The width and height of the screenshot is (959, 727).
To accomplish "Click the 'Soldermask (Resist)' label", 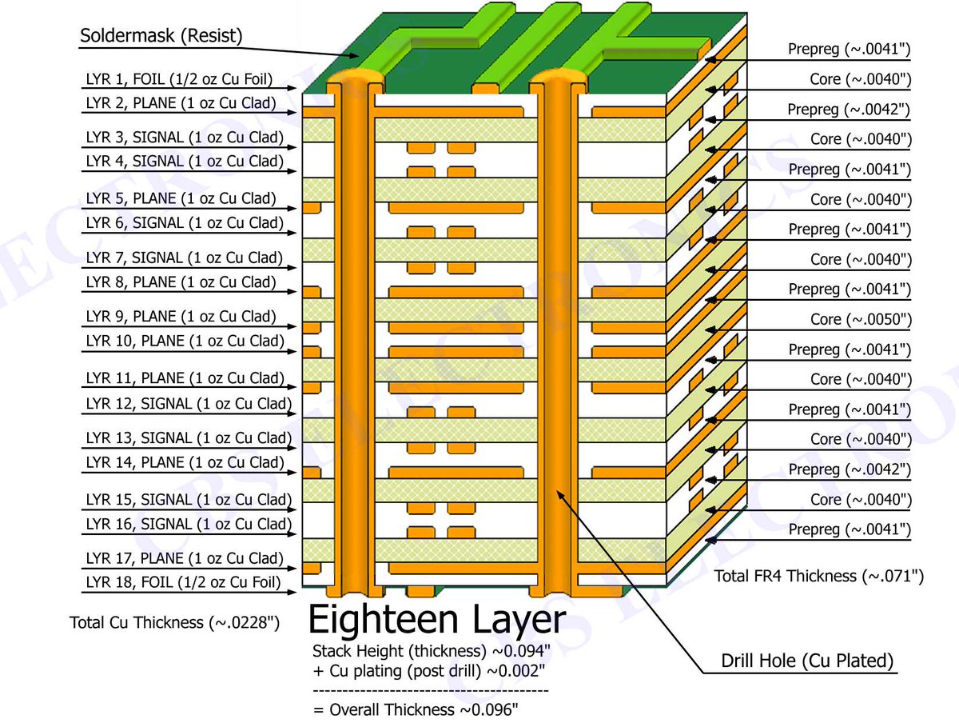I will tap(161, 36).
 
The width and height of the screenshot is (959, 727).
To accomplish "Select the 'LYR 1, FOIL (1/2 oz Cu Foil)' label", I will tap(179, 79).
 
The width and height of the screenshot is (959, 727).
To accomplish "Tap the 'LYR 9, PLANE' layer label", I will tap(181, 317).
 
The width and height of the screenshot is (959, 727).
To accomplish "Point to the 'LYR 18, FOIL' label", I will tap(183, 582).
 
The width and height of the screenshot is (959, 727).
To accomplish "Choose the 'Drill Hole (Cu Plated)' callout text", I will tap(806, 661).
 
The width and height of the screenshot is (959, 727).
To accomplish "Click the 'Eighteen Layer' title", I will tap(436, 620).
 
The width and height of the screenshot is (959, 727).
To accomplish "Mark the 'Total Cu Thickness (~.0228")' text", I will tap(174, 622).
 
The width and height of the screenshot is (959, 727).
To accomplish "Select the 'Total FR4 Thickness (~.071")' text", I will tap(819, 576).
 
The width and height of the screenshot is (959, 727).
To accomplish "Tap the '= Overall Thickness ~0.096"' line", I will tap(415, 709).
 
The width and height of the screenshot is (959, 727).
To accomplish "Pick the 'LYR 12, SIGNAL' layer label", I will tap(189, 404).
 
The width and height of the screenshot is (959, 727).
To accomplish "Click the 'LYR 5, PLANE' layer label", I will tap(181, 198).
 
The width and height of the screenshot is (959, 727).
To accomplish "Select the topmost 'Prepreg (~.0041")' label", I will tap(850, 50).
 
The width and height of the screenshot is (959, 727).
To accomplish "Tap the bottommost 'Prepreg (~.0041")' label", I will tap(850, 529).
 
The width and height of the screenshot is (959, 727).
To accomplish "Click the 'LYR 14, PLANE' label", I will tap(185, 462).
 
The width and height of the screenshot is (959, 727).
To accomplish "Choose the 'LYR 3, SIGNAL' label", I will tap(185, 138).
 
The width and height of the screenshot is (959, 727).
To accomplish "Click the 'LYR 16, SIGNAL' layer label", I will tap(189, 524).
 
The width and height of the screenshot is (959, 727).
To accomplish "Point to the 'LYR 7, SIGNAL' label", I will tap(185, 258).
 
